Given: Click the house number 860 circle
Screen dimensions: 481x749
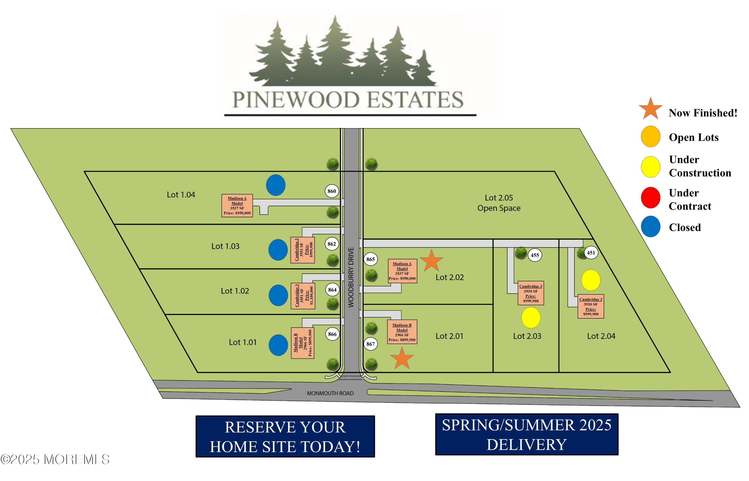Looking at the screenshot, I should point(332,191).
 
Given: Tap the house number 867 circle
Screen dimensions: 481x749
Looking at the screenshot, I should point(370,344).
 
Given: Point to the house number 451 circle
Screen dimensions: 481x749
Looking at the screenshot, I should point(591,253).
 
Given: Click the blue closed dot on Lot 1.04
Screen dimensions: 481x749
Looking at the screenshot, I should point(276,185).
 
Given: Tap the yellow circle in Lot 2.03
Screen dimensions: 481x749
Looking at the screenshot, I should point(531,318).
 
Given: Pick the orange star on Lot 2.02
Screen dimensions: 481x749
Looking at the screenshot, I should point(431,260).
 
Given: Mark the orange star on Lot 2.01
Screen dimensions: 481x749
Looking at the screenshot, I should point(402,358).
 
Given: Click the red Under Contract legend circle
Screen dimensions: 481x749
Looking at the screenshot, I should point(650,198).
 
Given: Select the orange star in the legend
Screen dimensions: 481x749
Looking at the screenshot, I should point(650,109).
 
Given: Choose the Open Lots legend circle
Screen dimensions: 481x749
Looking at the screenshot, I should point(650,136).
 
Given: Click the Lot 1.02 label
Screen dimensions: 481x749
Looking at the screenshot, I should point(235,291).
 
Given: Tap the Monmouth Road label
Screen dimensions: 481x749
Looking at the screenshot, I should point(330,393).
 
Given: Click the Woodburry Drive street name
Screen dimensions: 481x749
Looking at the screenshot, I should point(351,277).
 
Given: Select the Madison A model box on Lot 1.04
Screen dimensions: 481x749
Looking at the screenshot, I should point(237,206).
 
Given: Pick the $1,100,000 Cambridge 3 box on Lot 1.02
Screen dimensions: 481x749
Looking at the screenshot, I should point(303,296).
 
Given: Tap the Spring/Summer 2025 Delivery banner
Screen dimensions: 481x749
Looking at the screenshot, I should point(527,434).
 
